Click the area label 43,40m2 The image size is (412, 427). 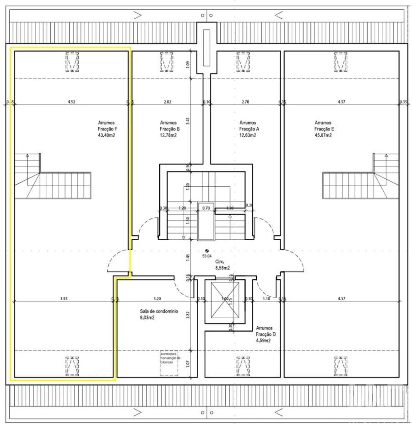point(106,135)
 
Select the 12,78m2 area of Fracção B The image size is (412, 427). point(168,135)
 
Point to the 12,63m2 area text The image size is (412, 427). point(249,135)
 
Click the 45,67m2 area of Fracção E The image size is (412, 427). point(323,135)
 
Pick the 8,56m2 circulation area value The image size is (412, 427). point(222,269)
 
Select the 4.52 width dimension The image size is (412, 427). point(71,102)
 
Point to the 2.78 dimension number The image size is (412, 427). point(244,102)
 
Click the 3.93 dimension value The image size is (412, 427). point(64,299)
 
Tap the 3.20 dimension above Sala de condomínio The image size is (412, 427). point(157,299)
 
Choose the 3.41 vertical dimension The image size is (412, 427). point(188,121)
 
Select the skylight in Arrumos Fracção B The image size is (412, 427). point(167,61)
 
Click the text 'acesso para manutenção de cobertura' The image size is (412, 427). point(169,357)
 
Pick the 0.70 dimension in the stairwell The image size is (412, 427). point(206,208)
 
